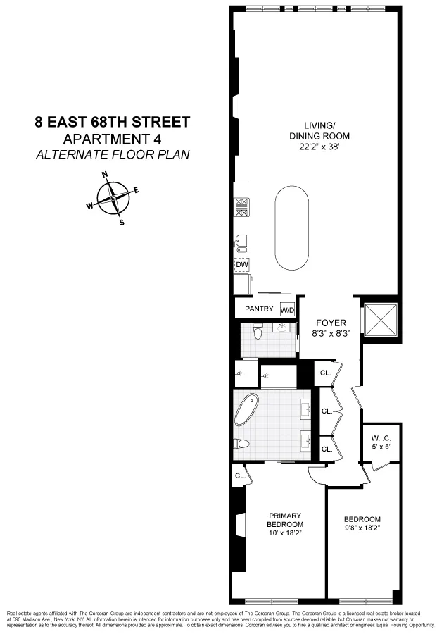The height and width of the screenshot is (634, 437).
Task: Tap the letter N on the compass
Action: tap(105, 174)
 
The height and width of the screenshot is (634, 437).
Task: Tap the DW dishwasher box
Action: tap(242, 265)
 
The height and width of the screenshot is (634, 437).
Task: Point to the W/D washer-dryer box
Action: tap(287, 310)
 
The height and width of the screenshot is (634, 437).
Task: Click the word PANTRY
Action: tap(258, 309)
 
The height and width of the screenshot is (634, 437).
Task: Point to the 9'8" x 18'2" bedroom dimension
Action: tap(362, 530)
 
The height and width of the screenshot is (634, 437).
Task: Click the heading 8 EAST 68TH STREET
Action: tap(113, 122)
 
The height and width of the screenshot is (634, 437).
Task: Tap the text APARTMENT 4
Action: tap(113, 139)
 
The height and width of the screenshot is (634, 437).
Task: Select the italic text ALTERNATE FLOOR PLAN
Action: tap(113, 154)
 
